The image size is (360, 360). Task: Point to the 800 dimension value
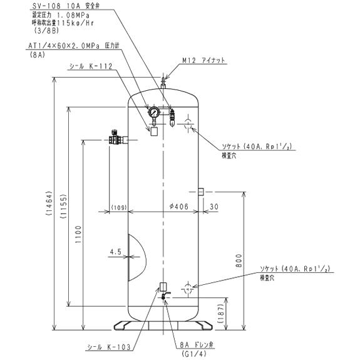[x=238, y=264]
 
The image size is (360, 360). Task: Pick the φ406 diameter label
[x=179, y=207]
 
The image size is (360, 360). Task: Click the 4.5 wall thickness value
[x=115, y=252]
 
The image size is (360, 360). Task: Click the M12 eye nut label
[x=204, y=61]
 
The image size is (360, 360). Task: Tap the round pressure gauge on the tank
[x=153, y=113]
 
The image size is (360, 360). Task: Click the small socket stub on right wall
[x=201, y=191]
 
